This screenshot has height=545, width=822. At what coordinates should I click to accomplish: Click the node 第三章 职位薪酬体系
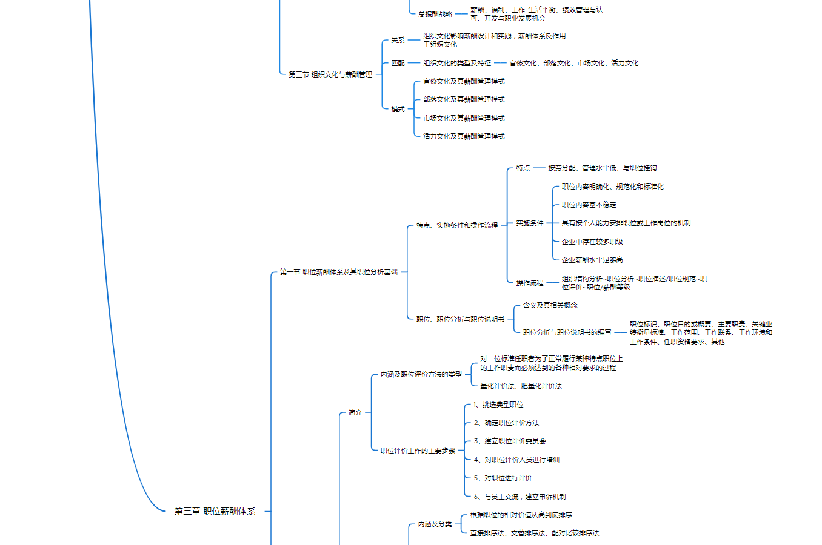(215, 512)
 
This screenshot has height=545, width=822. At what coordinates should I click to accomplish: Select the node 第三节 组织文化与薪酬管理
(330, 74)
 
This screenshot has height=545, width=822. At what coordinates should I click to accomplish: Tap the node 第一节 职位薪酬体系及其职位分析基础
(338, 272)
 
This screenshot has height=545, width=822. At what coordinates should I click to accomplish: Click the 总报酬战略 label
(435, 14)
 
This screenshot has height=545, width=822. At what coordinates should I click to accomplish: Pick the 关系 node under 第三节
(398, 40)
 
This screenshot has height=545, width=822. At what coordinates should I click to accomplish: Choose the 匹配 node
(398, 63)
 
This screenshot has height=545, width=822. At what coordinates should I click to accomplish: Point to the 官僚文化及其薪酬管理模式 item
(464, 81)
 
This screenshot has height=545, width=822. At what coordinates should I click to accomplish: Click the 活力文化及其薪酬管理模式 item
(464, 136)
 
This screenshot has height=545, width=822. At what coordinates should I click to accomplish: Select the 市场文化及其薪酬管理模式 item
(464, 118)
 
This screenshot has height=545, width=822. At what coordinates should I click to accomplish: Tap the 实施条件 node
(530, 223)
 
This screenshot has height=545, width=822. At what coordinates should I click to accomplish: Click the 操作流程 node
(530, 283)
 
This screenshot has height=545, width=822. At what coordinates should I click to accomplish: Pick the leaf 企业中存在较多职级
(592, 242)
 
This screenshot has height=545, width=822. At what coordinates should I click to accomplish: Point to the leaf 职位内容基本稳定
(589, 205)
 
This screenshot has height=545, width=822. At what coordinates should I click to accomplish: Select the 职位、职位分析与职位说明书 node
(460, 319)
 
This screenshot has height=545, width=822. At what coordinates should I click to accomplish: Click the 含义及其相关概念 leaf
(550, 305)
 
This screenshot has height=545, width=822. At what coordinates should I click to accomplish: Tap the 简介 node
(355, 412)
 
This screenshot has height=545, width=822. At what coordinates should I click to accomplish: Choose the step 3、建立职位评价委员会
(510, 441)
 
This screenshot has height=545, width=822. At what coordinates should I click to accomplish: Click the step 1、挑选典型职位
(498, 405)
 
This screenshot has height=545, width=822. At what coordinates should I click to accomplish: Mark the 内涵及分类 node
(435, 524)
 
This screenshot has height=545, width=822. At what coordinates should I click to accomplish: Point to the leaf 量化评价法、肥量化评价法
(521, 386)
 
